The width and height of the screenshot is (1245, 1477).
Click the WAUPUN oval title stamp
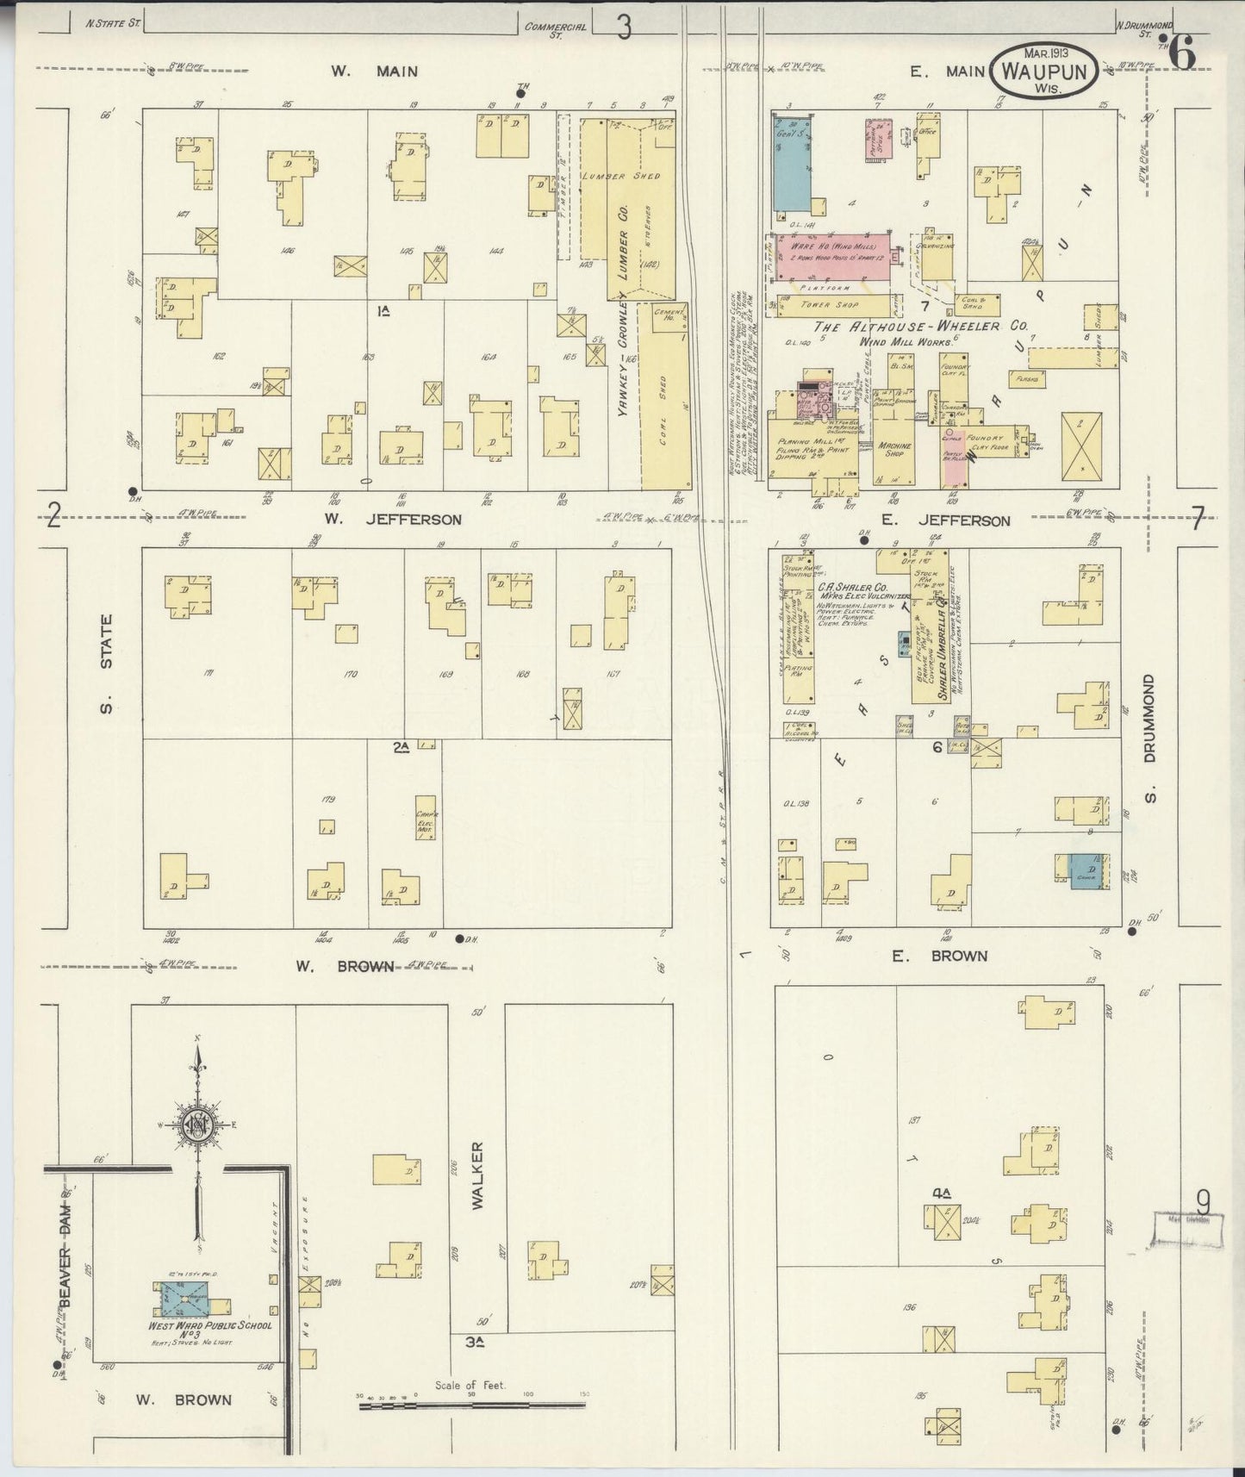[x=1044, y=71]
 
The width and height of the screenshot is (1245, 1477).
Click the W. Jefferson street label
[x=393, y=520]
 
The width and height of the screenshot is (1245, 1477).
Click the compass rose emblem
[x=198, y=1125]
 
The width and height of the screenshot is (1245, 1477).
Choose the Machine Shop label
[x=894, y=449]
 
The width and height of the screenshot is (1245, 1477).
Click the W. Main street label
[x=375, y=71]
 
